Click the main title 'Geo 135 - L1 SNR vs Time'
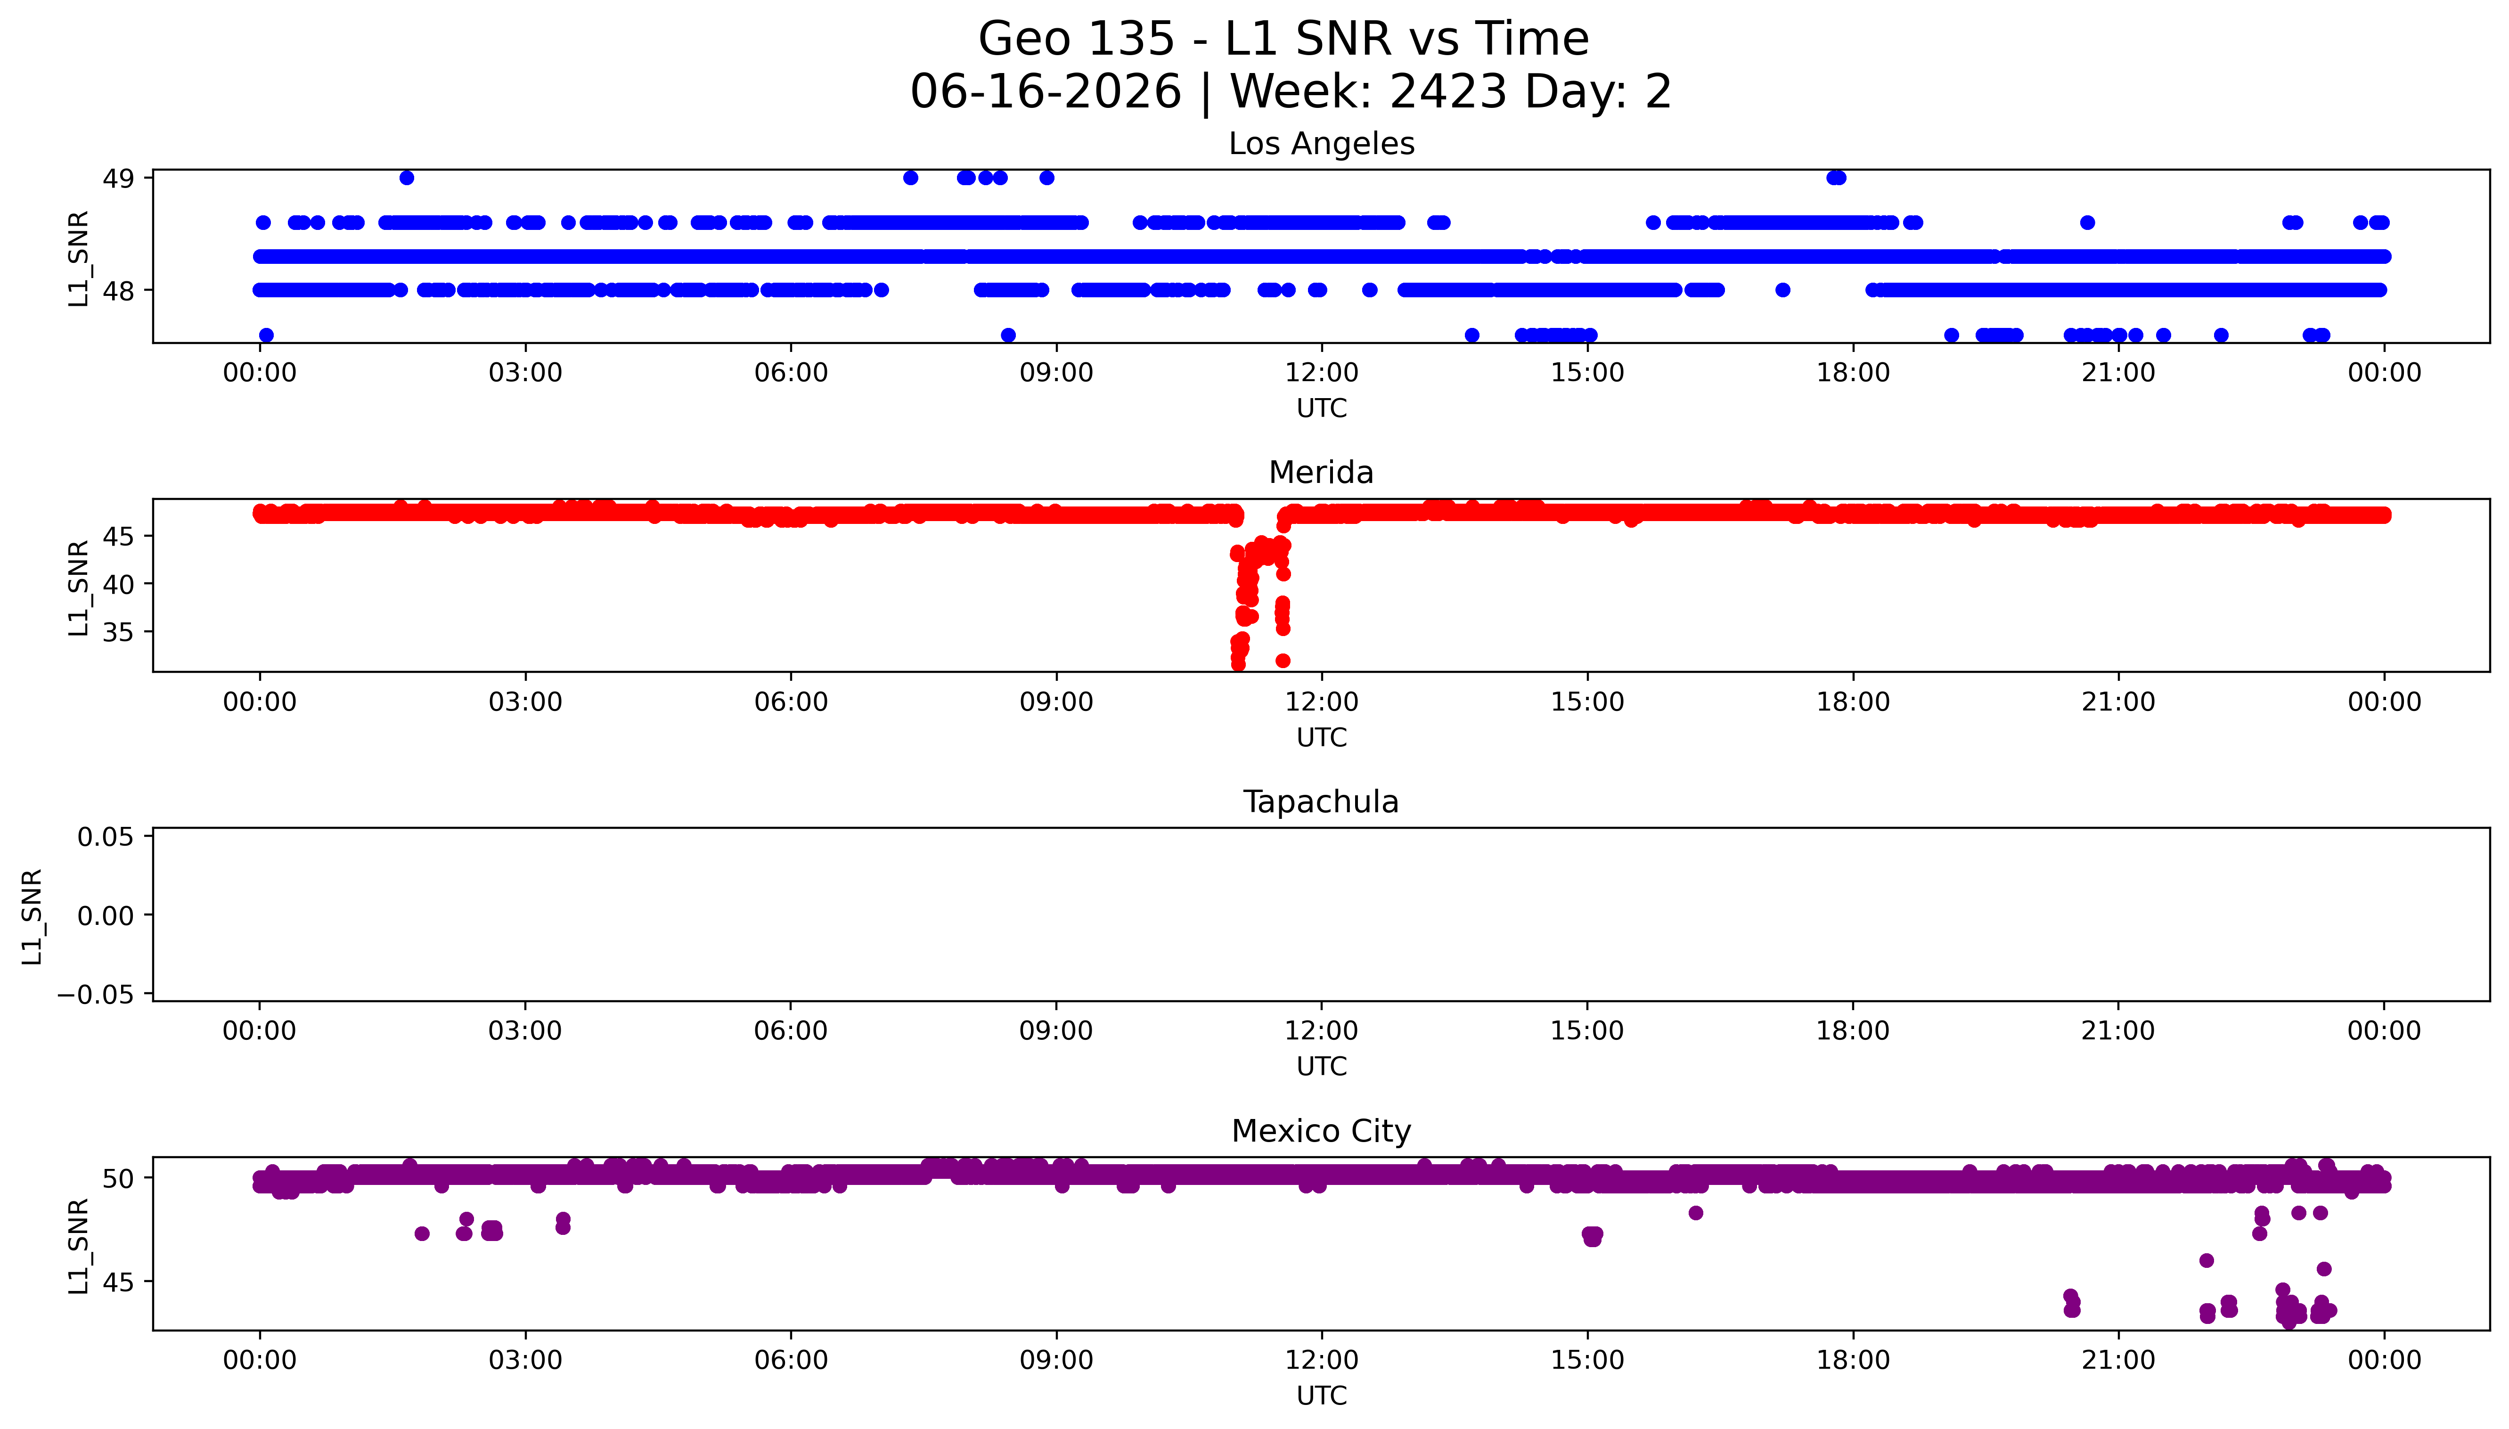click(x=1283, y=39)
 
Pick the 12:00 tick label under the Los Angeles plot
click(x=1322, y=373)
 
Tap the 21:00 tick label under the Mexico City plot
click(x=2118, y=1360)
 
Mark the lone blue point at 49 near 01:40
click(x=406, y=178)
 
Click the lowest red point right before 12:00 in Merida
click(x=1283, y=661)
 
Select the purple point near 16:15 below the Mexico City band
click(x=1696, y=1213)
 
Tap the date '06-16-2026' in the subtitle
click(x=1046, y=91)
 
